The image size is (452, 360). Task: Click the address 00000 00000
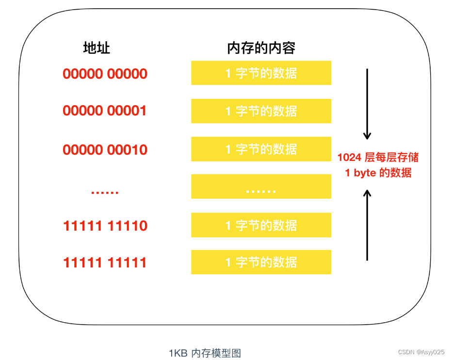pos(105,74)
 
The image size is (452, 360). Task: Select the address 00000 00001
pos(105,111)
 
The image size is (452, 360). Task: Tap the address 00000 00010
pos(105,150)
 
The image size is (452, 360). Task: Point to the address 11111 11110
pos(105,226)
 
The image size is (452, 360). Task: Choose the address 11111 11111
pos(105,263)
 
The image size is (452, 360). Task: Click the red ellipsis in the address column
pos(105,191)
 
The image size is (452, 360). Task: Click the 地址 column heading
pos(97,48)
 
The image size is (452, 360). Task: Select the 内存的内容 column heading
pos(261,48)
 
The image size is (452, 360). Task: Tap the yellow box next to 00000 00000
pos(261,73)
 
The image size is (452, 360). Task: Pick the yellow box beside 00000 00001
pos(261,111)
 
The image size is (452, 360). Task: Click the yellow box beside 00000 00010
pos(261,149)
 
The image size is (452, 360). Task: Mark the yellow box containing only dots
pos(261,187)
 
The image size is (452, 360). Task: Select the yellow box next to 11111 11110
pos(261,225)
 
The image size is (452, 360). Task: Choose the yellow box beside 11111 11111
pos(261,262)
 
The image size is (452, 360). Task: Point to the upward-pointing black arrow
pos(367,225)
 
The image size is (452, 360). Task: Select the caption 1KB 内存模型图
pos(205,353)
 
